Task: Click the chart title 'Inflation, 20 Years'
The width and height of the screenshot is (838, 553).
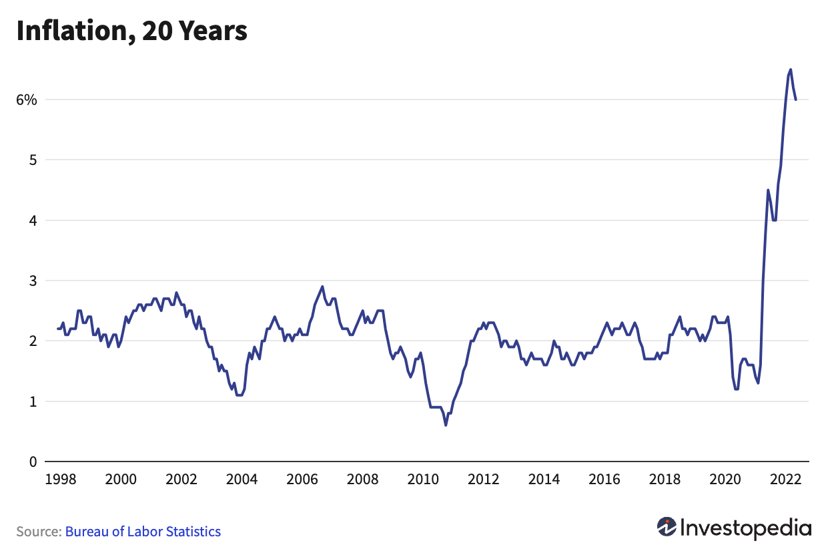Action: click(x=131, y=31)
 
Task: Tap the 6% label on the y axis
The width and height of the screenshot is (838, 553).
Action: click(x=27, y=100)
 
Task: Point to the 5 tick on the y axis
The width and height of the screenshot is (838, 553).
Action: click(x=31, y=160)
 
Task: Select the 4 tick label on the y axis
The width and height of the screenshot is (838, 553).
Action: click(x=31, y=220)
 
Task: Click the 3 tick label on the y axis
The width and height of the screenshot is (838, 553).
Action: click(x=31, y=281)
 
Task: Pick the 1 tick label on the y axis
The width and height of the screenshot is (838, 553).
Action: click(x=31, y=402)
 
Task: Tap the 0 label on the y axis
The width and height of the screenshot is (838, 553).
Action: click(x=31, y=462)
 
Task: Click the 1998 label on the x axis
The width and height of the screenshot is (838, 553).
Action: click(x=59, y=479)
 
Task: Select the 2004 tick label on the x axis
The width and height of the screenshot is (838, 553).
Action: click(x=242, y=479)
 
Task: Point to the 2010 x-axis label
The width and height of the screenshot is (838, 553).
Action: click(x=423, y=479)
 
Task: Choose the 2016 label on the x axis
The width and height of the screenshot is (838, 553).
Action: click(x=604, y=479)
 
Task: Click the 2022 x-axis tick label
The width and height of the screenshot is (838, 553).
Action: click(x=785, y=479)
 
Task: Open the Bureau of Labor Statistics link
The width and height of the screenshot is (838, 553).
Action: click(x=143, y=532)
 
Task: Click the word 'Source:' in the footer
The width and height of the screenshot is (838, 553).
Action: click(x=39, y=532)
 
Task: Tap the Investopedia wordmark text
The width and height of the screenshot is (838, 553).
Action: click(x=746, y=528)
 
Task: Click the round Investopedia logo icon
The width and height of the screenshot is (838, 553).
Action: click(x=666, y=527)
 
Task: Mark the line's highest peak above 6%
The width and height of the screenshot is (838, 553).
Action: click(x=791, y=69)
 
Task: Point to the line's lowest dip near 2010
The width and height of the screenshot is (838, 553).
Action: click(x=446, y=425)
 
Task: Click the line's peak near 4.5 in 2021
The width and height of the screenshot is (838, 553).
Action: click(x=768, y=190)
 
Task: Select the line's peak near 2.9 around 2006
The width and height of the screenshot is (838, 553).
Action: click(x=322, y=287)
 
